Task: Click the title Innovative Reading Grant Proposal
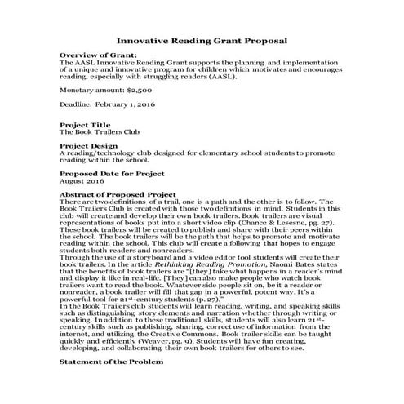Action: click(202, 39)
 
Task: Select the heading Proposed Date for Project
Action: click(113, 173)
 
